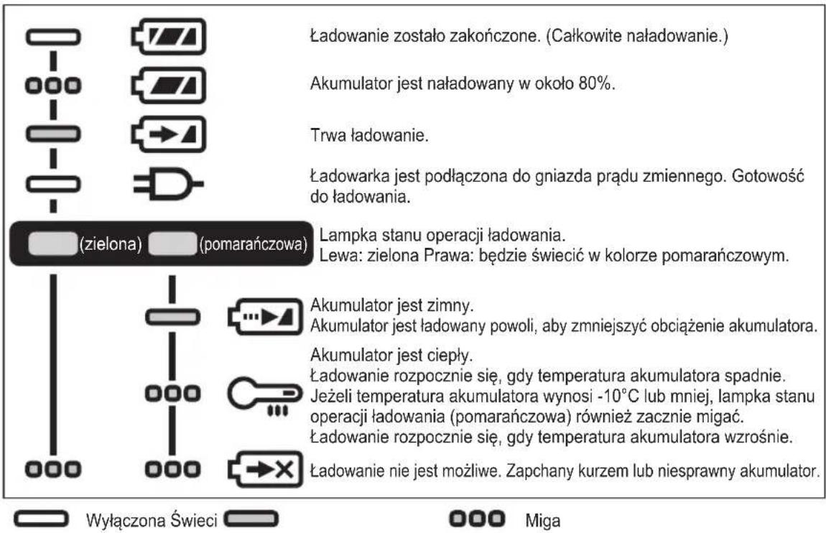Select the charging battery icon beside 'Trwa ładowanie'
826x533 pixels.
[168, 134]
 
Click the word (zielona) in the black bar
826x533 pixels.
[109, 244]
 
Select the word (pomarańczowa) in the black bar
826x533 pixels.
[251, 244]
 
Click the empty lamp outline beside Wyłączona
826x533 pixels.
[45, 519]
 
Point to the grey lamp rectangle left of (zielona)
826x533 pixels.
[50, 244]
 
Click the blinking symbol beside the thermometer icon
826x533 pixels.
[170, 394]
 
